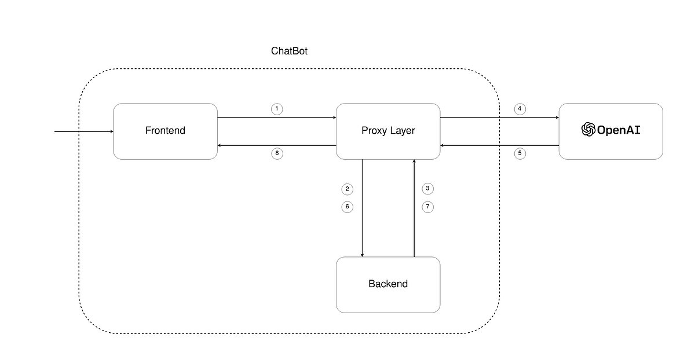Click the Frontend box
(165, 131)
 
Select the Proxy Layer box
(388, 131)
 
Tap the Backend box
(388, 284)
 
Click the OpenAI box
(610, 131)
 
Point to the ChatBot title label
(289, 51)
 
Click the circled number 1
(277, 109)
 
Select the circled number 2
(347, 189)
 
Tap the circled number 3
(427, 189)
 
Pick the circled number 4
(520, 109)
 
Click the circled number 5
(520, 154)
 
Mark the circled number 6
(347, 207)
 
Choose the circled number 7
(427, 207)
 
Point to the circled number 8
(277, 154)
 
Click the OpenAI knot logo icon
(588, 130)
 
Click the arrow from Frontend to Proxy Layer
(277, 117)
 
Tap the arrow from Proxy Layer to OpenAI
(499, 117)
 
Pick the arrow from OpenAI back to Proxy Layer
(499, 145)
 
